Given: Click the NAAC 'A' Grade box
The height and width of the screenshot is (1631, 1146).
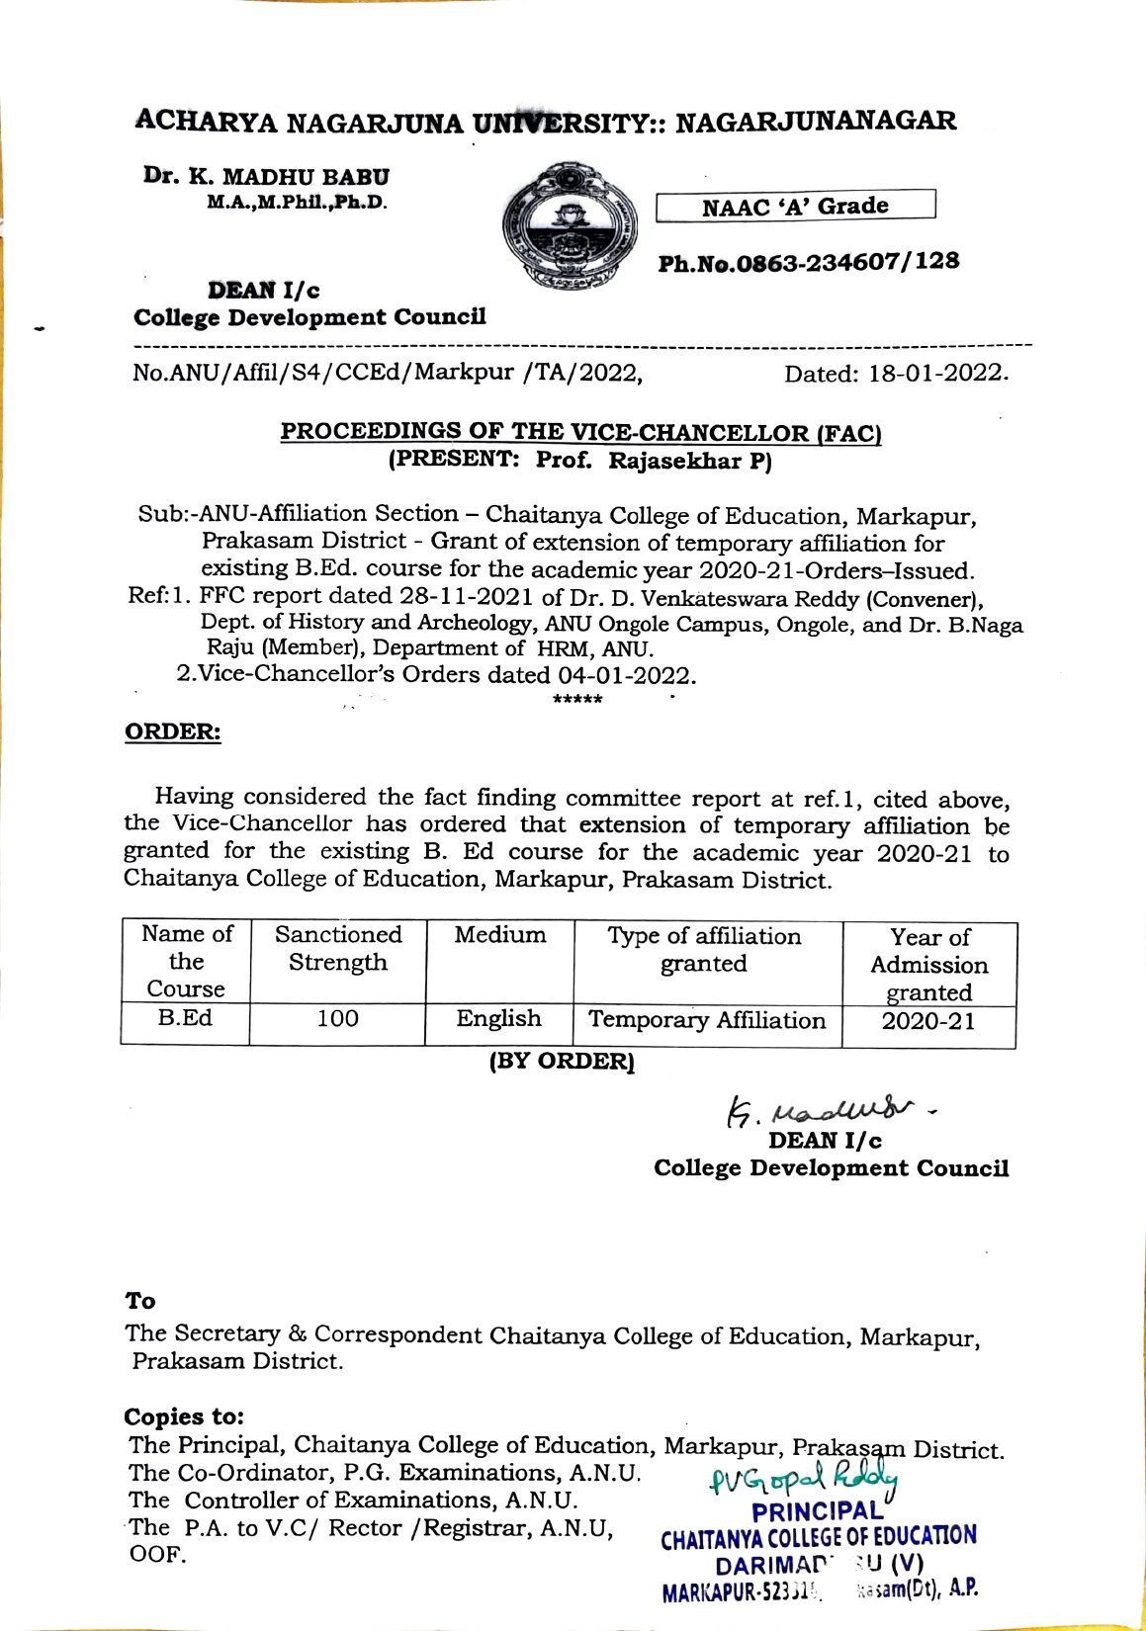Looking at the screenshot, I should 796,206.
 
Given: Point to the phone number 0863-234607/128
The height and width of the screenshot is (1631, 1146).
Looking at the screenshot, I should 809,262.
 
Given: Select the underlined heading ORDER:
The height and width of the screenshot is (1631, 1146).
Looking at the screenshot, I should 172,732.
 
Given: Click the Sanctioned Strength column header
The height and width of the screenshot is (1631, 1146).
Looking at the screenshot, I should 338,949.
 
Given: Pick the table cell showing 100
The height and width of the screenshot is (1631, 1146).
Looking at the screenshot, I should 337,1019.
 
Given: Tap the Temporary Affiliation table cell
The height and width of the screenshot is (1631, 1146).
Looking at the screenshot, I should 707,1021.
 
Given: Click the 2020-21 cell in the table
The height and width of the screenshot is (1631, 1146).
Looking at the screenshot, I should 928,1022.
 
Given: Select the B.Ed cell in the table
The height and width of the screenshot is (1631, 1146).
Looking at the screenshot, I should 185,1019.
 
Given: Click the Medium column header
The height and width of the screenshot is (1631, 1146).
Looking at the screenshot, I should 499,935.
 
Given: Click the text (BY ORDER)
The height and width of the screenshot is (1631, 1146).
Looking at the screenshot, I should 562,1062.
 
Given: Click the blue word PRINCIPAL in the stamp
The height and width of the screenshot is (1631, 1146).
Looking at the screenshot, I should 817,1511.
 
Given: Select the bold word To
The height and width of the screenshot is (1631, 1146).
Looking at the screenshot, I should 140,1301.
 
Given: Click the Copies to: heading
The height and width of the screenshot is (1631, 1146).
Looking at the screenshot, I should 184,1416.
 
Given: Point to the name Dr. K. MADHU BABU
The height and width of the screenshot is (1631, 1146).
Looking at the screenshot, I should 266,177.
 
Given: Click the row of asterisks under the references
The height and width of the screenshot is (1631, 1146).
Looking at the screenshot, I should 577,700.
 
